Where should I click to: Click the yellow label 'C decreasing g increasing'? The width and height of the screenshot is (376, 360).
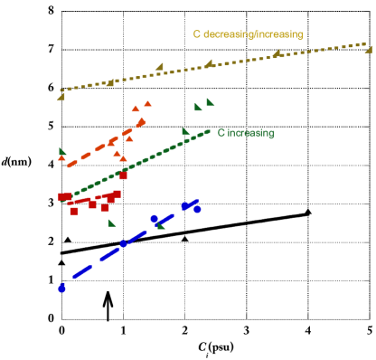tap(248, 33)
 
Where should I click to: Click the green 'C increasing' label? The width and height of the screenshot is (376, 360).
tap(246, 133)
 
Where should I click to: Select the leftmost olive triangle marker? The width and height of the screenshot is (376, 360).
tap(61, 96)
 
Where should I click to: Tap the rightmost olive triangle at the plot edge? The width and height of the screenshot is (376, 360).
tap(369, 49)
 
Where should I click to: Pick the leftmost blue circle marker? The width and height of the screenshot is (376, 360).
tap(61, 288)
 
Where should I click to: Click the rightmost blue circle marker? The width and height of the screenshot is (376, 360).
tap(197, 209)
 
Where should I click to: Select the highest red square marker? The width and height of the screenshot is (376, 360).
tap(124, 175)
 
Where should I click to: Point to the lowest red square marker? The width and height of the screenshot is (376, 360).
tap(74, 210)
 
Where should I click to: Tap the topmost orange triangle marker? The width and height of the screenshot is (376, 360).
tap(147, 104)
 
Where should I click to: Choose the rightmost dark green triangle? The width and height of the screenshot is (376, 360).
tap(211, 102)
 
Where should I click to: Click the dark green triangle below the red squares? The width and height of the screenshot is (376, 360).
tap(112, 223)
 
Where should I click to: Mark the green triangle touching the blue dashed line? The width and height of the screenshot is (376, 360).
tap(162, 225)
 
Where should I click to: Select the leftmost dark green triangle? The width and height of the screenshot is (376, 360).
tap(62, 151)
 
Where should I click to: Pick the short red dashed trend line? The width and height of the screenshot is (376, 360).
tap(90, 200)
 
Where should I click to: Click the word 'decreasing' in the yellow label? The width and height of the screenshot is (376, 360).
tap(223, 33)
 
